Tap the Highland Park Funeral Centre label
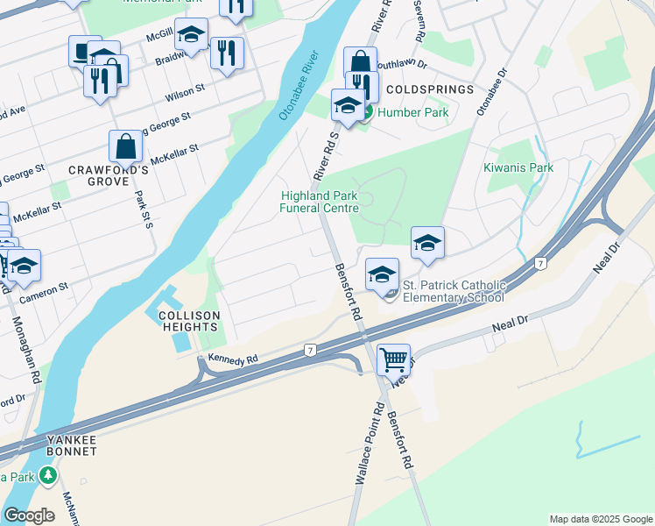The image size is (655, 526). point(320,202)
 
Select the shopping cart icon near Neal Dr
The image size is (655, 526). point(393,359)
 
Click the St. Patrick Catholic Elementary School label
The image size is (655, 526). point(454,291)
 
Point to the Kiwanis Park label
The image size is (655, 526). point(518,167)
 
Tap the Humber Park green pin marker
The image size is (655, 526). point(366,112)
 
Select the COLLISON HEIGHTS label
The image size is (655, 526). point(189,320)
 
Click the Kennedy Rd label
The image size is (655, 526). point(233,359)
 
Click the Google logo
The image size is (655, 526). point(29,515)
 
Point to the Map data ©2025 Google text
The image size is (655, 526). point(600,519)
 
